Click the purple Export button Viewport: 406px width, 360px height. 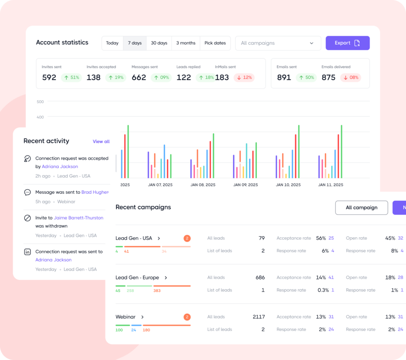coord(347,43)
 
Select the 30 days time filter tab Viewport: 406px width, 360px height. coord(159,43)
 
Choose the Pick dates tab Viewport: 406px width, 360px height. coord(215,43)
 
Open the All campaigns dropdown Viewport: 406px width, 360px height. coord(278,43)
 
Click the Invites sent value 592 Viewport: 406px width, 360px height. coord(49,77)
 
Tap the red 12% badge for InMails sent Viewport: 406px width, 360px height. coord(244,77)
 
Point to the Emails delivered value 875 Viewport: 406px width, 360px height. coord(328,77)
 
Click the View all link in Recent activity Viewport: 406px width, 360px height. coord(101,141)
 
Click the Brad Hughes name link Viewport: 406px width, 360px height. coord(95,192)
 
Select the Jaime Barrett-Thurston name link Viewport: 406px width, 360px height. coord(79,218)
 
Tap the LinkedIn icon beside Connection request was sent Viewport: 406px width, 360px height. coord(27,252)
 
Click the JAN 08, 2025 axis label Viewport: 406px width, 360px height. coord(203,185)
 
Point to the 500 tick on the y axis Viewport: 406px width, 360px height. coord(40,102)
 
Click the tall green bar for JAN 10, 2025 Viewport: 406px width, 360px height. coord(299,152)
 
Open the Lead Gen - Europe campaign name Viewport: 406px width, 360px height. coord(137,278)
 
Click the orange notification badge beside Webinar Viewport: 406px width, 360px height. coord(187,317)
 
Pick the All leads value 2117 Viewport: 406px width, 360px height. coord(259,317)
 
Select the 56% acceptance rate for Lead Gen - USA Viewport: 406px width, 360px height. coord(321,238)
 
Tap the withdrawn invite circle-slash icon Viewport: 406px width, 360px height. coord(27,218)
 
